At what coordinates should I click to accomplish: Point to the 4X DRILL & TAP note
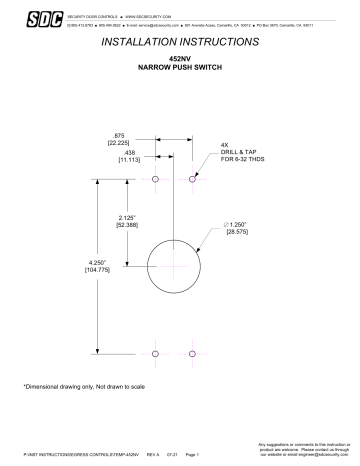[x=241, y=152]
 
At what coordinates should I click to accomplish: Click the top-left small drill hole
[x=156, y=181]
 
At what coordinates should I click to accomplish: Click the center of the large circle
[x=175, y=265]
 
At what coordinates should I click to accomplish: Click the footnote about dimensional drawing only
[x=78, y=386]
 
